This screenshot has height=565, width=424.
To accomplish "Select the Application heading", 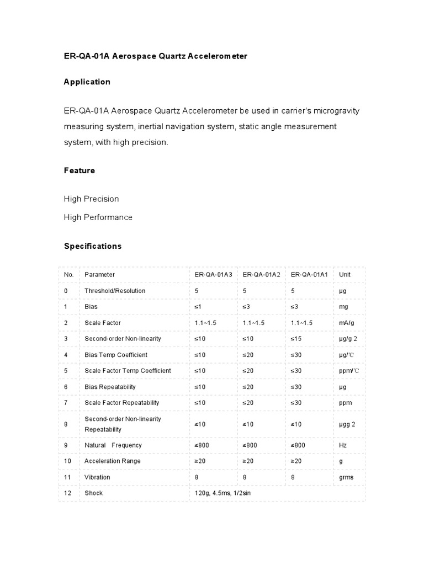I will point(87,82).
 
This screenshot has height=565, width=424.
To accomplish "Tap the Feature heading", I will point(79,170).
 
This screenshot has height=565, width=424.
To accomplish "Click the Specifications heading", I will point(93,246).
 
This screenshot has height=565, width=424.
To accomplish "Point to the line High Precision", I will point(92,199).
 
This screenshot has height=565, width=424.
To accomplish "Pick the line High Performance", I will point(98,217).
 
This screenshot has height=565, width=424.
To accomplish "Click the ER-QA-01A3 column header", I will point(213,275).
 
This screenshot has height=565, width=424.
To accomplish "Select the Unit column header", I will point(344,275).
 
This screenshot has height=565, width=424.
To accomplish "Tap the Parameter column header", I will point(99,275).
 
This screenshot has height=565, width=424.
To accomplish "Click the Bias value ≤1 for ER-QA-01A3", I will point(199,307).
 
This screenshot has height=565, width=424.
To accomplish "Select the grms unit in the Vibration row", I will point(346,477).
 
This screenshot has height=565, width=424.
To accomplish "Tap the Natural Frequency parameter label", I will point(113,445).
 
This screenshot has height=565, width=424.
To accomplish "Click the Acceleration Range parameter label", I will point(112,461).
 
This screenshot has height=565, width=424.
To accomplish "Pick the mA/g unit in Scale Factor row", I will point(347,323).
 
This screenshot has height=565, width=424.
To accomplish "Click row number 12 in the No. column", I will point(68,493).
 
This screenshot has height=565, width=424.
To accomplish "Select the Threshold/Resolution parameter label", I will point(115,291).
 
